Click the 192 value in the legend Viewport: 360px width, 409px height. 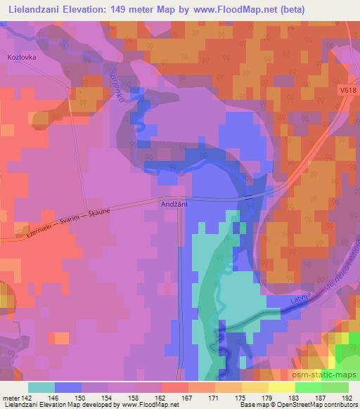pyautogui.click(x=346, y=398)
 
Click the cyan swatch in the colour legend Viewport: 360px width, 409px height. pyautogui.click(x=41, y=387)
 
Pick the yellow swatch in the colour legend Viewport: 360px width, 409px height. pyautogui.click(x=281, y=387)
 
